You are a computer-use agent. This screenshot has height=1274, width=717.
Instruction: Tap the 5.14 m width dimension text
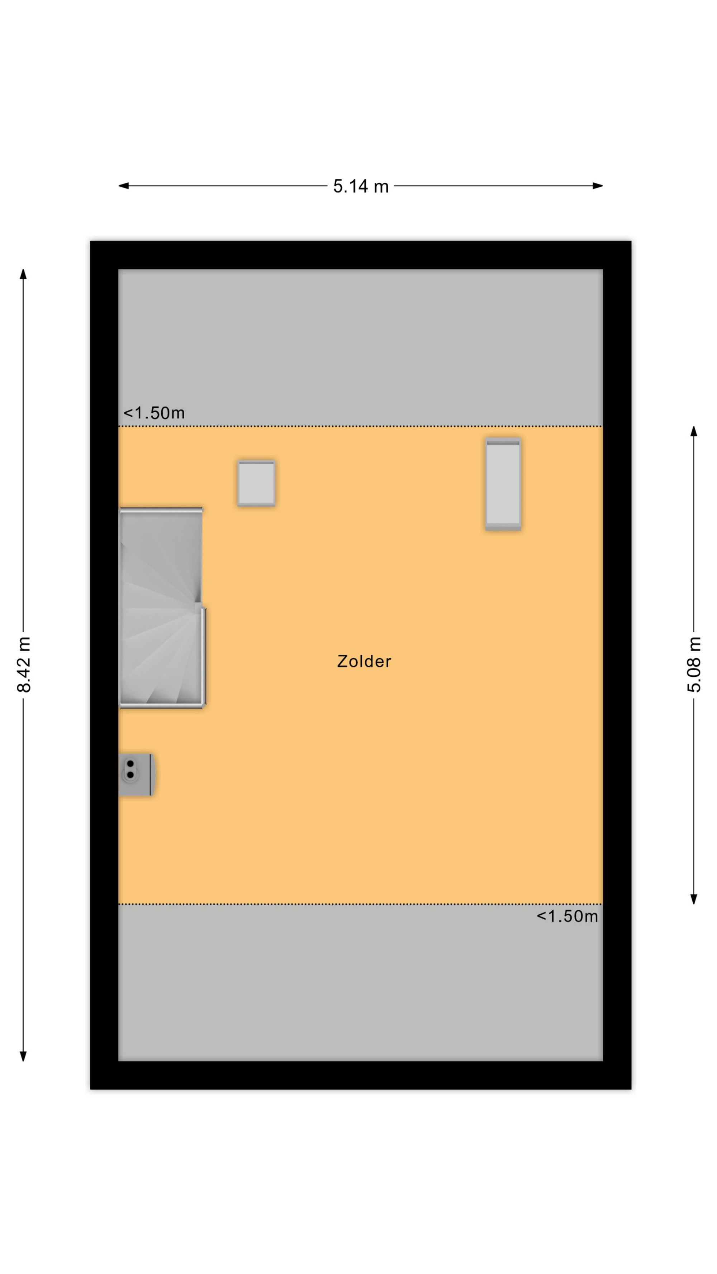[361, 186]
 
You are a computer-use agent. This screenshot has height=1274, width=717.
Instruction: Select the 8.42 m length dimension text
[24, 664]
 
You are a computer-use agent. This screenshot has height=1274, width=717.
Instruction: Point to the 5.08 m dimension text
[694, 664]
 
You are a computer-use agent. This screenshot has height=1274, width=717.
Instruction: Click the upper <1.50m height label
[154, 413]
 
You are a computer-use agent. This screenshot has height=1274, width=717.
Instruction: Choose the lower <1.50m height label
[567, 916]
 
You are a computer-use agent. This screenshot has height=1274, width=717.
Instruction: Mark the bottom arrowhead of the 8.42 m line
[23, 1056]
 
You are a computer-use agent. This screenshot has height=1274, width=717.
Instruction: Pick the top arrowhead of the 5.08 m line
[694, 431]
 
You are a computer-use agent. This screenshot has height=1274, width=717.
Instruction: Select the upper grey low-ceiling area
[360, 347]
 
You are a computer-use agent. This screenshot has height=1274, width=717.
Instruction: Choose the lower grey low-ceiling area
[360, 983]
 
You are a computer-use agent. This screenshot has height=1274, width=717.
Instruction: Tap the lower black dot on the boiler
[130, 775]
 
